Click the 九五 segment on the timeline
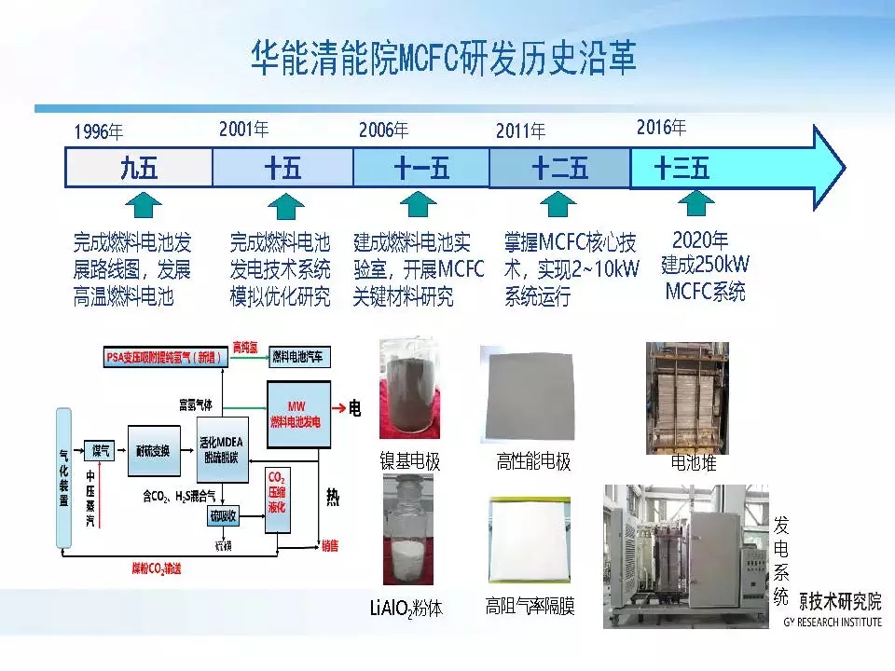point(139,169)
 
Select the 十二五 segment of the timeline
point(559,169)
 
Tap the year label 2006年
point(383,130)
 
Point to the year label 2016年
point(661,128)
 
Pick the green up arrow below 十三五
point(695,203)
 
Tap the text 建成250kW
point(705,265)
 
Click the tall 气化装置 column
point(64,475)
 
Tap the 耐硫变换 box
point(153,451)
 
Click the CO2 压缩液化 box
point(277,499)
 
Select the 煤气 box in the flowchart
point(99,451)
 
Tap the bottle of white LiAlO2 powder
point(408,531)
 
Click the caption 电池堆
point(694,462)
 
